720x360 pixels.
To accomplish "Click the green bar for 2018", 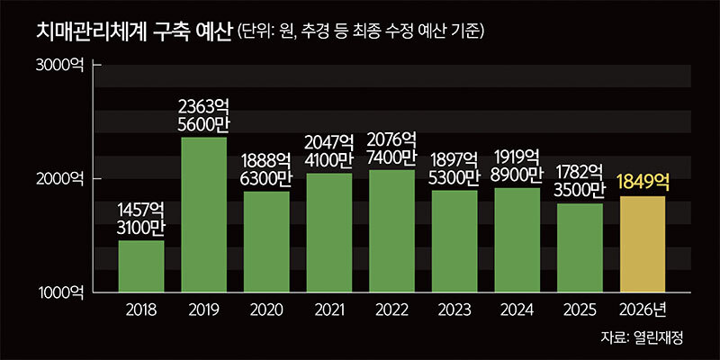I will [x=141, y=265].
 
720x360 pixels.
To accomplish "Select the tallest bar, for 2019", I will [x=203, y=214].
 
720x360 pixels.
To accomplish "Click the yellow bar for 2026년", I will [x=642, y=244].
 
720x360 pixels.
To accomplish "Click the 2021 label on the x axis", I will [x=328, y=310].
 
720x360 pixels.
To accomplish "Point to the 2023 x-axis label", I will [x=454, y=310].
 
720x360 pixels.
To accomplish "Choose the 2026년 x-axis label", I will [x=643, y=310].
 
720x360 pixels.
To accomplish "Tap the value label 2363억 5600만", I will [x=203, y=116].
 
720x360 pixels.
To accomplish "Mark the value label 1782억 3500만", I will [x=580, y=182].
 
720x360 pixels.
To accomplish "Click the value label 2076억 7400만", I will [x=391, y=148].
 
